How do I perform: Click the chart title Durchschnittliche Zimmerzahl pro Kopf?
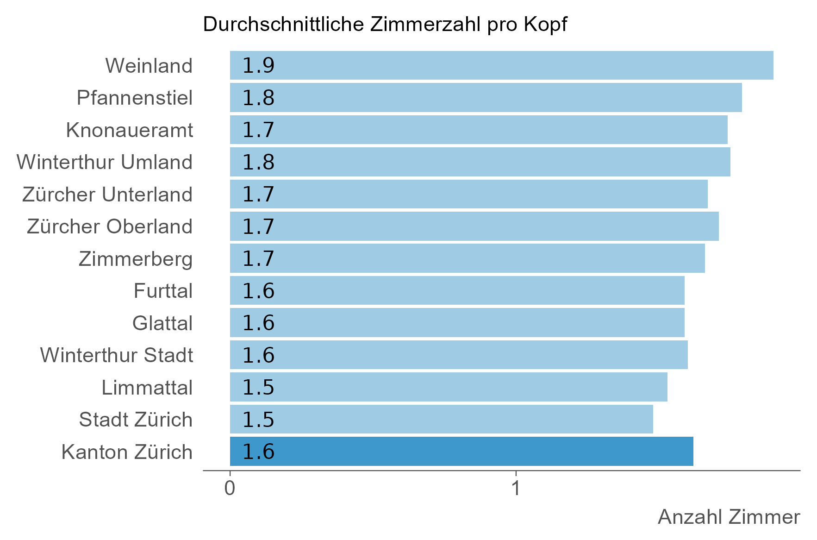(x=385, y=25)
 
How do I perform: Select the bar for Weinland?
(x=501, y=65)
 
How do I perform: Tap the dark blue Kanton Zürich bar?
(x=462, y=451)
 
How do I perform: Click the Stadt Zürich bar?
(x=441, y=419)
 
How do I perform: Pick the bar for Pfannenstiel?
(x=486, y=98)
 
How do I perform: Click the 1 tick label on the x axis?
(x=516, y=489)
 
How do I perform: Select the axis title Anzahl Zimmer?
(x=729, y=517)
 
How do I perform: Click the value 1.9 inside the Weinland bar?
(x=258, y=66)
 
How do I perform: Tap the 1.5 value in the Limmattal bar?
(x=258, y=387)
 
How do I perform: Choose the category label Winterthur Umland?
(x=105, y=162)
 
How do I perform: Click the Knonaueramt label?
(x=129, y=130)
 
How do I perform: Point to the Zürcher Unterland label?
(x=107, y=195)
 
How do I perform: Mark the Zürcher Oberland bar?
(x=474, y=226)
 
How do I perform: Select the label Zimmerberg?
(x=136, y=259)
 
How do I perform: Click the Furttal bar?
(x=457, y=290)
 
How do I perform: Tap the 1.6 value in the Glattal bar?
(x=258, y=323)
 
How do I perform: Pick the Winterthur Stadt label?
(x=117, y=355)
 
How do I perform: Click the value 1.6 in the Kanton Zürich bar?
(x=258, y=452)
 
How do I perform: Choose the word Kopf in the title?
(x=545, y=25)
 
